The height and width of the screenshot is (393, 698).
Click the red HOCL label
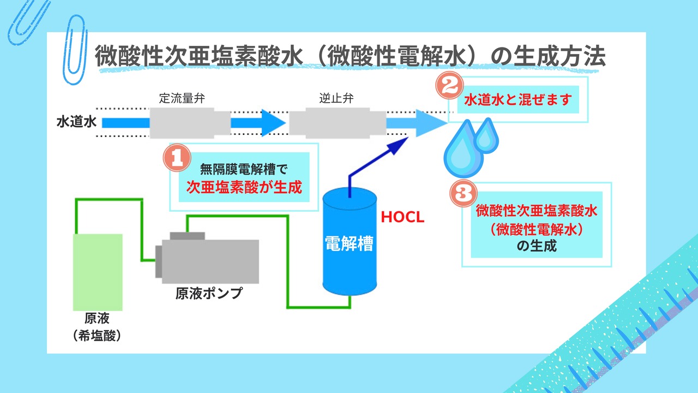402,217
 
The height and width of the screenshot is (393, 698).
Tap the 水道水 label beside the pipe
77,122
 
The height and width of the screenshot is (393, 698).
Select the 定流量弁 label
182,98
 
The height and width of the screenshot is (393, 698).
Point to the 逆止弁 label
336,98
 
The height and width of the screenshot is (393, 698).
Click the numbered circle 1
177,158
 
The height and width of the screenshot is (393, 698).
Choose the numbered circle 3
464,193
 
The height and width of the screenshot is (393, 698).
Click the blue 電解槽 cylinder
350,241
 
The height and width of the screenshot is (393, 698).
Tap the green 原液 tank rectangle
98,272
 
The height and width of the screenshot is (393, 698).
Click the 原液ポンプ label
209,293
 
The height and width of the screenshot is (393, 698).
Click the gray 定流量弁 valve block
190,123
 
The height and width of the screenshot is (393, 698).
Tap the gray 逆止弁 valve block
338,123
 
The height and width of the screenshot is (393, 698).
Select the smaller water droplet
486,136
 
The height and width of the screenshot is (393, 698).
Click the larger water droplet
464,150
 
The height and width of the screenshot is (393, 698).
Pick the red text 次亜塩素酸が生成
244,187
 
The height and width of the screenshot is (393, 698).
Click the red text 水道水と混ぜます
518,100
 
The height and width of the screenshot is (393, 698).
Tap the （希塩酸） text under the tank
97,336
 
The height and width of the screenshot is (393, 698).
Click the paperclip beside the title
75,50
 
